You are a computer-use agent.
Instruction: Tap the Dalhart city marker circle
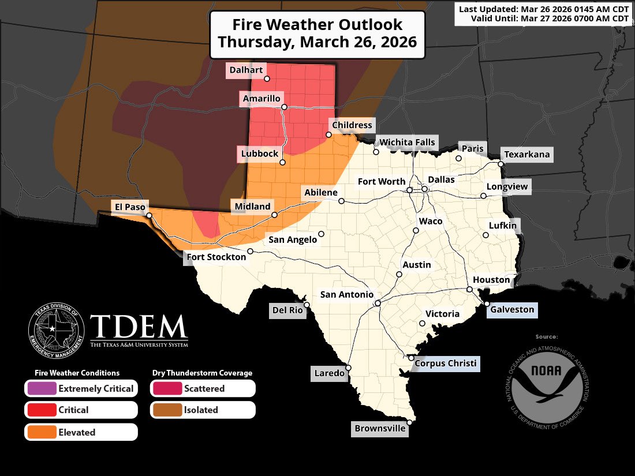coord(267,78)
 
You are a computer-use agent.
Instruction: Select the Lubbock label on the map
coord(259,154)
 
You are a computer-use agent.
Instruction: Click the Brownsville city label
coord(380,429)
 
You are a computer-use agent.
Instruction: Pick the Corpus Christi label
coord(446,363)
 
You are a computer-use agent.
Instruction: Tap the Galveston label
coord(512,310)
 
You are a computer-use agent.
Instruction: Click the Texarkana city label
coord(527,155)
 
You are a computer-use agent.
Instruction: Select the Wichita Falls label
coord(407,143)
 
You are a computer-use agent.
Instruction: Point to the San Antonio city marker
coord(377,303)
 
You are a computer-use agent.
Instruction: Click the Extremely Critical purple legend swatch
coord(41,388)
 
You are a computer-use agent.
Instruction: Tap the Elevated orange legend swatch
coord(41,432)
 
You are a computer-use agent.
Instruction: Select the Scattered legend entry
coord(203,388)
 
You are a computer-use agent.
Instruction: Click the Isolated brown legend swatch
coord(167,410)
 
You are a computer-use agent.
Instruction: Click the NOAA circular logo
coord(546,382)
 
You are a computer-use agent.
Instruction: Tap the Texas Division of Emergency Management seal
coord(57,330)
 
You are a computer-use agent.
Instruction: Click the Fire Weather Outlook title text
coord(317,34)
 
